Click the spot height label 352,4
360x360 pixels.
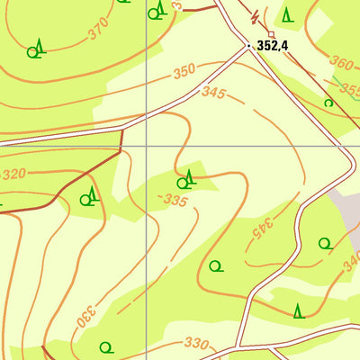[x=277, y=45]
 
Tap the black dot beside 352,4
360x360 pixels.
[x=249, y=45]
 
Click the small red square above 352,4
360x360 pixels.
[x=271, y=34]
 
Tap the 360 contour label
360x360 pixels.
[x=341, y=63]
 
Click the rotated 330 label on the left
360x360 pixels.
[x=85, y=317]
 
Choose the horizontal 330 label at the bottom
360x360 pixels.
[x=195, y=343]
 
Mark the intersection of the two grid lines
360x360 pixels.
[x=146, y=145]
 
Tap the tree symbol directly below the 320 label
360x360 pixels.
[x=89, y=198]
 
